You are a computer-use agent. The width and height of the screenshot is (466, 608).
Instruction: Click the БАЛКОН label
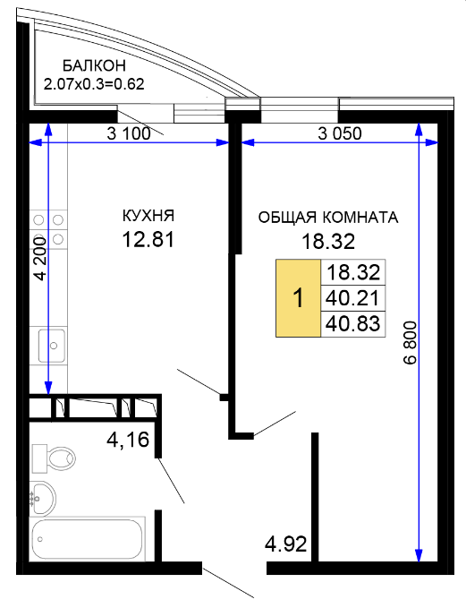pos(94,65)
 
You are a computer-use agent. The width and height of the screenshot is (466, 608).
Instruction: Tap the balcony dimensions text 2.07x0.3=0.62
pos(94,84)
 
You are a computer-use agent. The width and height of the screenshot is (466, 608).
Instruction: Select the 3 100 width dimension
pos(129,133)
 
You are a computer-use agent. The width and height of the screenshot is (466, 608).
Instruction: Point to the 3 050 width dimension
pos(340,133)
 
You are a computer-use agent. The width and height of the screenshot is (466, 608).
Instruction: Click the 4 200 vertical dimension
pos(40,258)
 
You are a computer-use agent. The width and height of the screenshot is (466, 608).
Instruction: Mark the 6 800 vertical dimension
pos(410,342)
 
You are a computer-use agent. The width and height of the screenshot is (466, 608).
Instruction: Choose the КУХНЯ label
pos(148,216)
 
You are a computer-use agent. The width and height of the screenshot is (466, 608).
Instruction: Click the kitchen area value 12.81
pos(148,239)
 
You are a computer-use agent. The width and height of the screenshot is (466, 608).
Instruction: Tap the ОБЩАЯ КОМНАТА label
pos(328,218)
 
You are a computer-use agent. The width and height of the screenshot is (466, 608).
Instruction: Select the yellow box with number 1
pos(298,298)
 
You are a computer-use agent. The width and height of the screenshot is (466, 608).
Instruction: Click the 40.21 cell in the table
pos(353,298)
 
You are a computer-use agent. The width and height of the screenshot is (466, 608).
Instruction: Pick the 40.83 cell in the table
pos(353,324)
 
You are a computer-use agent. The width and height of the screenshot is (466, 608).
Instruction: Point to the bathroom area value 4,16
pos(128,440)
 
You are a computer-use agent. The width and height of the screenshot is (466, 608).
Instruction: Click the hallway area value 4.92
pos(286,544)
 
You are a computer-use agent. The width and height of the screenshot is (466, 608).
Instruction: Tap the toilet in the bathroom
pos(54,458)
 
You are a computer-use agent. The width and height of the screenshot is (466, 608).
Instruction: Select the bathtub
pos(88,539)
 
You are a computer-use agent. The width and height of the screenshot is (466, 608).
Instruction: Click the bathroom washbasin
pos(44,498)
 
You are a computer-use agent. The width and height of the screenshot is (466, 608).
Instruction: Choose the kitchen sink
pos(52,345)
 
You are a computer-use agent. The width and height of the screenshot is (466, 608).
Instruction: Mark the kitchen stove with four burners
pos(48,229)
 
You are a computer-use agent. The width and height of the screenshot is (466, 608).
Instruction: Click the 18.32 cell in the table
pos(353,272)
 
